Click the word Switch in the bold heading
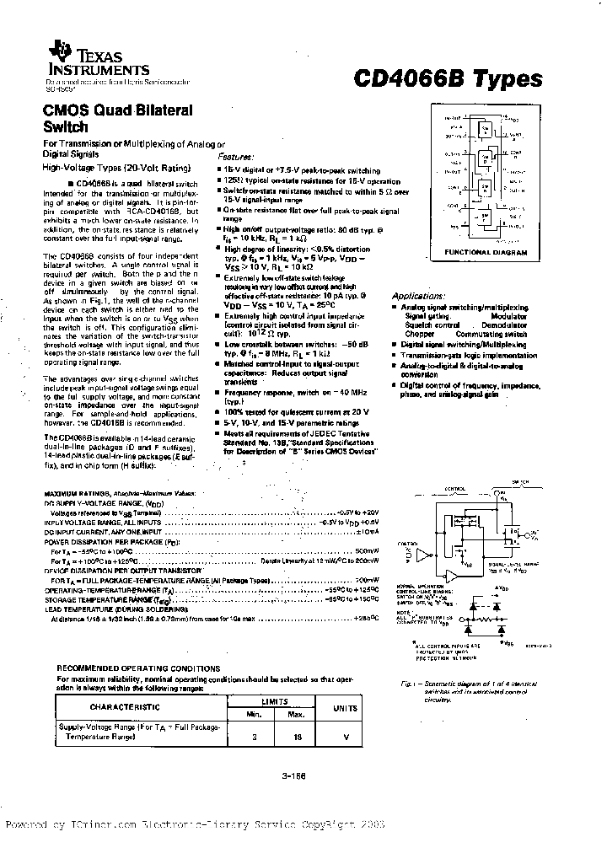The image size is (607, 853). click(x=66, y=127)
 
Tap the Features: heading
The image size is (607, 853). click(x=235, y=157)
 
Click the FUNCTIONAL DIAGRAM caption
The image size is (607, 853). click(x=486, y=252)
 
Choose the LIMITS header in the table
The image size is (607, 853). click(x=271, y=700)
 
